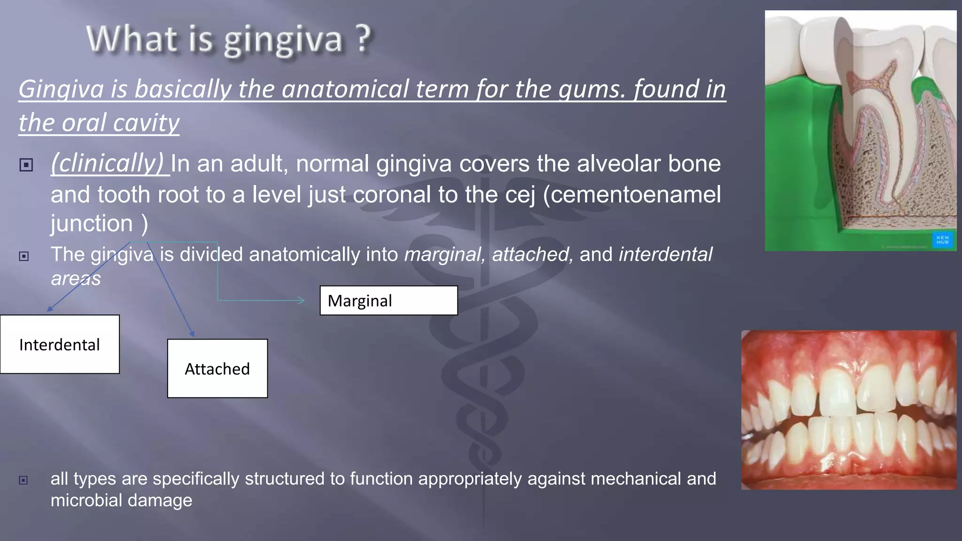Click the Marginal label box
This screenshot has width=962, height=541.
[x=388, y=301]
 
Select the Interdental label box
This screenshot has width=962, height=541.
[x=60, y=344]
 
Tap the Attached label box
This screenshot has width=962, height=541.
[x=217, y=369]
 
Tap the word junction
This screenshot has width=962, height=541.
[x=92, y=223]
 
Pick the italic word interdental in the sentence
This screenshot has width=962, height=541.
[x=665, y=255]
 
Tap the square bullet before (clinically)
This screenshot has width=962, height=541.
[x=26, y=165]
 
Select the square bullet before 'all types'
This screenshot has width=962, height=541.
[x=23, y=480]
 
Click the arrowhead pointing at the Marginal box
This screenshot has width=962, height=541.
[x=302, y=300]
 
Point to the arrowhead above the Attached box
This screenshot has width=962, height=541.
[x=192, y=334]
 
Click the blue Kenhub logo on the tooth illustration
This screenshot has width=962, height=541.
[x=942, y=240]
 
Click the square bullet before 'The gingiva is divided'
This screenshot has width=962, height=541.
[x=24, y=256]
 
